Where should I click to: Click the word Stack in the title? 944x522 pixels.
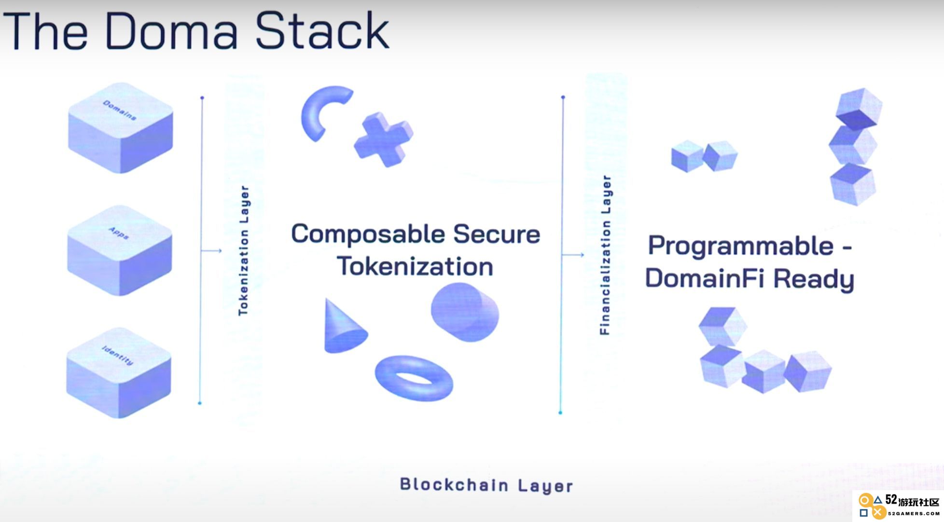[x=321, y=31]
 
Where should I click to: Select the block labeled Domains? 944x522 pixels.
[x=120, y=128]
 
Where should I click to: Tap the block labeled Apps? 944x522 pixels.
[x=119, y=250]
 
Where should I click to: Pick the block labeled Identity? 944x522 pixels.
[x=118, y=372]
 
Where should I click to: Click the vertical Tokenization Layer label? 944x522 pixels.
[x=244, y=250]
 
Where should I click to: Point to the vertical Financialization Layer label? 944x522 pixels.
[x=605, y=255]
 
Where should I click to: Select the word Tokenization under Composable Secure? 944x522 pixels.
[x=415, y=266]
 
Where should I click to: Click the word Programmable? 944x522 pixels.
[x=741, y=247]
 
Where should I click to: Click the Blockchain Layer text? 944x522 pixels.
[x=486, y=485]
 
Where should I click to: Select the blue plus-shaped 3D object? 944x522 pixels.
[x=384, y=139]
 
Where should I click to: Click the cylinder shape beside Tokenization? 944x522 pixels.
[x=465, y=312]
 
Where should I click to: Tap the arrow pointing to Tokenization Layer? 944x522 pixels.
[x=211, y=250]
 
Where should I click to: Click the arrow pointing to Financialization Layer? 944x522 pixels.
[x=573, y=255]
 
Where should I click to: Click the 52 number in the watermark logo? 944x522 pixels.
[x=891, y=500]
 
